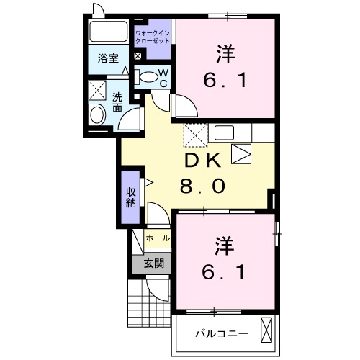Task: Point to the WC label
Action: pos(163,78)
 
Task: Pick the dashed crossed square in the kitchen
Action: pos(194,134)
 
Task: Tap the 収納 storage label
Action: pos(130,197)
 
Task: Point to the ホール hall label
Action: pos(158,238)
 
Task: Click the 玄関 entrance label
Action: pos(153,264)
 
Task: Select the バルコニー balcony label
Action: pos(222,333)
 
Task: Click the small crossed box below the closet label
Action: pos(138,56)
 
